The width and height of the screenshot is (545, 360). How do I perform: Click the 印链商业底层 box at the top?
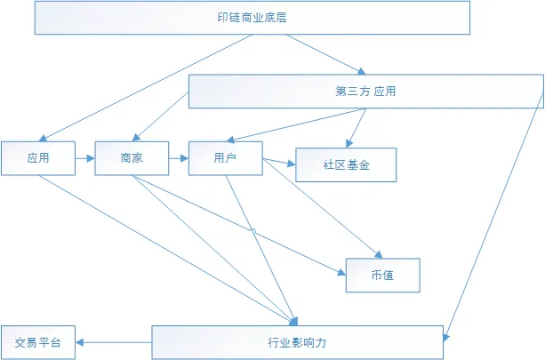pos(252,18)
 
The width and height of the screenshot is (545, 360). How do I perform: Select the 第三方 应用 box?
pos(366,91)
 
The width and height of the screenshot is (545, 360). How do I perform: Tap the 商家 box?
pos(132,158)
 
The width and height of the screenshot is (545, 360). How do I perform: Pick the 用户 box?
pos(226,158)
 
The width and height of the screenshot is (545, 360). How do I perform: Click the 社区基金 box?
pos(346,164)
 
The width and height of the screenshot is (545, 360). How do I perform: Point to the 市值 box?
pos(382,276)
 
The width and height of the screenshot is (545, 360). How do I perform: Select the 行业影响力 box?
pos(298,342)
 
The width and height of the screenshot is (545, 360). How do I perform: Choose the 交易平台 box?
pos(38,342)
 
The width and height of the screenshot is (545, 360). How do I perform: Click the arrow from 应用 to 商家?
pos(85,158)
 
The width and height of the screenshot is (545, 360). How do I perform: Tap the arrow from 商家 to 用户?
pos(179,158)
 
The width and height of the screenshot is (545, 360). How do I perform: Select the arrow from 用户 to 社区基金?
pos(279,162)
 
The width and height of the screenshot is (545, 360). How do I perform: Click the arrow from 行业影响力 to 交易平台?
pos(114,342)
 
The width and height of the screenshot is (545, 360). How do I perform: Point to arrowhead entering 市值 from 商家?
pos(341,272)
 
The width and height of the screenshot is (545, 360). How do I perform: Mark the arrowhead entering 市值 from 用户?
pos(379,255)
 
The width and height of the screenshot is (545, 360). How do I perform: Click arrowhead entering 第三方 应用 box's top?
pos(362,72)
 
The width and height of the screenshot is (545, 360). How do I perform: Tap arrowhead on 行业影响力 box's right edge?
pos(446,338)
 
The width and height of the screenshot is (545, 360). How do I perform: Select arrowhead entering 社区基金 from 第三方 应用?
pos(349,143)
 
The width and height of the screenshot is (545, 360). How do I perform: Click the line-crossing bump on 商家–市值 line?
pos(253,231)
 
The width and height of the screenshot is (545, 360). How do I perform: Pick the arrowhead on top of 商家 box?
pos(136,138)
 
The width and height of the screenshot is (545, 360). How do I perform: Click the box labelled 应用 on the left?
pos(38,158)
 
